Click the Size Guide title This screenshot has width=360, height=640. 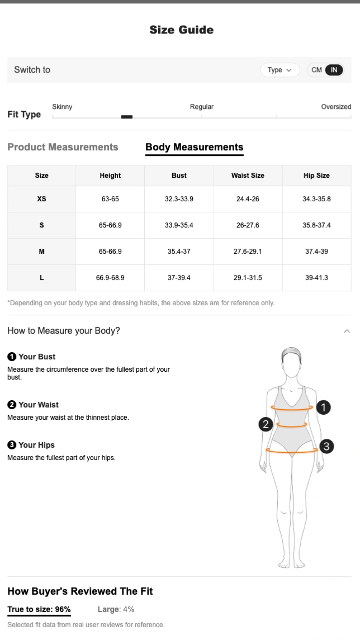(x=181, y=30)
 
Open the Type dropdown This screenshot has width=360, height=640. (x=280, y=70)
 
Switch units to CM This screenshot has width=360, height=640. (x=316, y=70)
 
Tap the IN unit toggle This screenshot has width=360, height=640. (x=334, y=70)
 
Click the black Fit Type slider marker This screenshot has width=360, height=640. (x=127, y=117)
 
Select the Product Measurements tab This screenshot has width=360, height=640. (x=63, y=147)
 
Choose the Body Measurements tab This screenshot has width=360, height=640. (x=195, y=147)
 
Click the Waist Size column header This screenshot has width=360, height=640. (x=248, y=176)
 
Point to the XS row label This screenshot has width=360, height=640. (x=41, y=199)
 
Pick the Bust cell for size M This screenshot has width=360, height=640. (x=179, y=252)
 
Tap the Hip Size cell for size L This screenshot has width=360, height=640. (x=316, y=278)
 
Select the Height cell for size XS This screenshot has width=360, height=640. (x=110, y=199)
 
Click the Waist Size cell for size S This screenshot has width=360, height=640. (x=248, y=225)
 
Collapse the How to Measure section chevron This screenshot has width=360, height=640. (x=347, y=331)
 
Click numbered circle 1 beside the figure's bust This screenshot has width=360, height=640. (x=323, y=407)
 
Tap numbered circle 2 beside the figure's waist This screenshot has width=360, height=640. (x=266, y=424)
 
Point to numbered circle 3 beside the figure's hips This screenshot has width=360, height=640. (x=326, y=446)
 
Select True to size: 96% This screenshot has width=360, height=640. (x=39, y=609)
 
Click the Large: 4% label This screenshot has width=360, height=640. (x=116, y=609)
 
